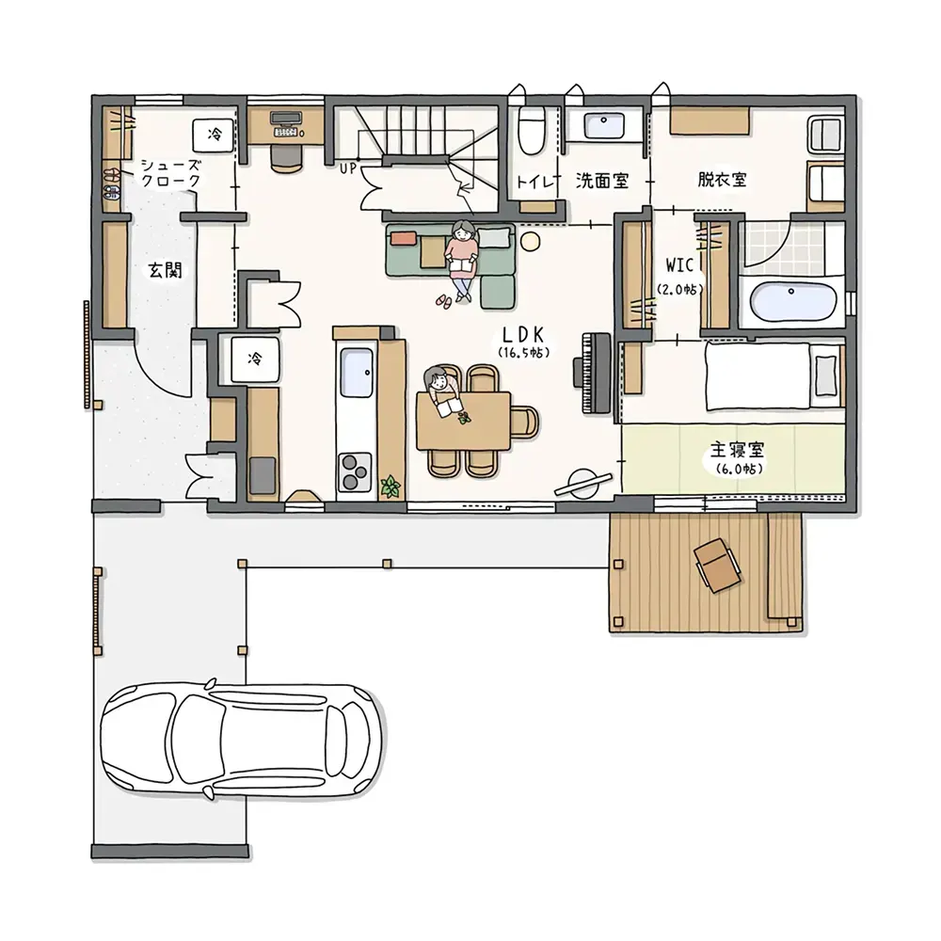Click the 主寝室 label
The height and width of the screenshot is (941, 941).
[737, 450]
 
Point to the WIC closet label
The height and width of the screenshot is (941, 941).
[679, 265]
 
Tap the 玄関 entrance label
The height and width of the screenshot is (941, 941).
[165, 271]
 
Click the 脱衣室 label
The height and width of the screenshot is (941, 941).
[722, 180]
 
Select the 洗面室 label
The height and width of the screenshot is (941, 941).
[602, 180]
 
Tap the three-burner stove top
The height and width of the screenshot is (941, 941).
[355, 471]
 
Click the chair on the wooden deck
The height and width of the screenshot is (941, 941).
[717, 564]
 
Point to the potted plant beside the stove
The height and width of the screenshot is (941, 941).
[391, 486]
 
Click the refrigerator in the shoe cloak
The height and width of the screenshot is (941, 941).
[213, 135]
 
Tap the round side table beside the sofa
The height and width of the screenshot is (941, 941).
[530, 242]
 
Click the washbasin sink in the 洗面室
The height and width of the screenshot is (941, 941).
[604, 126]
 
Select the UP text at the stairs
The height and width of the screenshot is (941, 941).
[348, 169]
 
